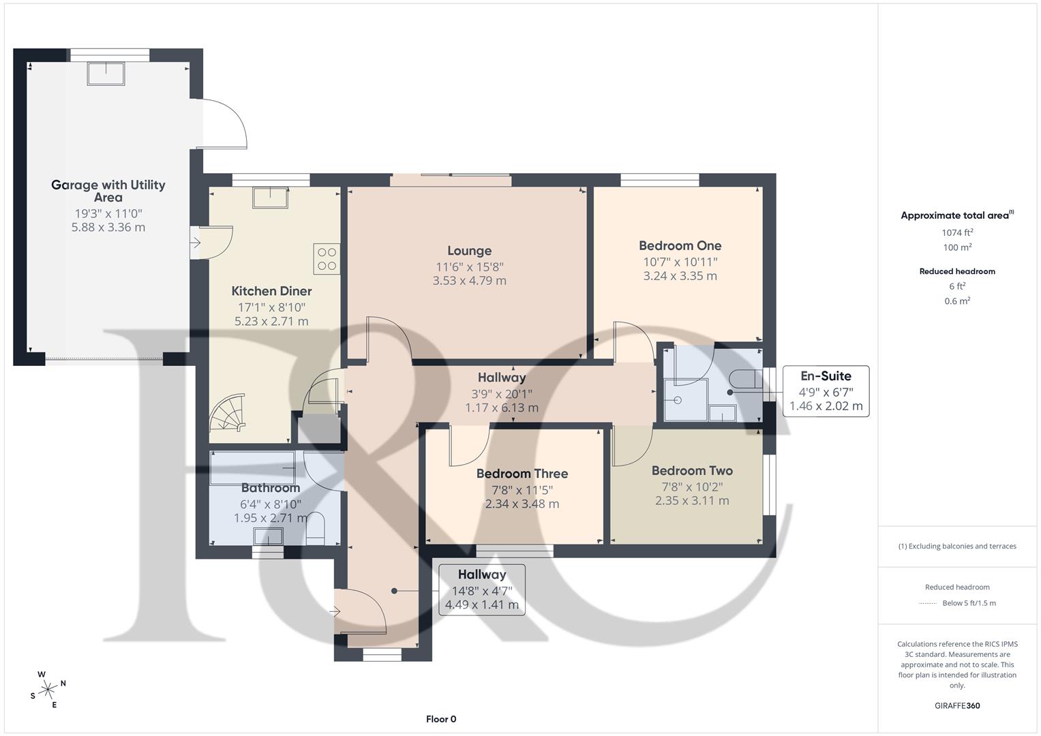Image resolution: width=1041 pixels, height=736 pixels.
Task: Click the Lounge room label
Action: pos(469,251)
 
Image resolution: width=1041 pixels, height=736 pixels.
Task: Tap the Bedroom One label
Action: pos(680,245)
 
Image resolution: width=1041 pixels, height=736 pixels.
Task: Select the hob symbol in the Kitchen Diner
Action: pos(327,259)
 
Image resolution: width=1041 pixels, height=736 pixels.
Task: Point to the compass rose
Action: pos(48,689)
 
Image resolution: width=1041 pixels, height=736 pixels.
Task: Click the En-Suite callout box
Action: pos(826,391)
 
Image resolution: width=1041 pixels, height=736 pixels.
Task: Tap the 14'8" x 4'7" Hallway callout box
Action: pos(481,589)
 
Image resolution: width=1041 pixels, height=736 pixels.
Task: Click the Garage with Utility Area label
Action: pos(108,191)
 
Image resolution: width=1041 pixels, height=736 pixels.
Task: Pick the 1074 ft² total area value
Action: pos(957,232)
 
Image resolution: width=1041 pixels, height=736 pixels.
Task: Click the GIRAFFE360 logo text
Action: pos(957,705)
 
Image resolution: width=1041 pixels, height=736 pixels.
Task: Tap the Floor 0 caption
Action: pos(441,719)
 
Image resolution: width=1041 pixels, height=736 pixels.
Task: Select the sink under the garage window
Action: pos(106,74)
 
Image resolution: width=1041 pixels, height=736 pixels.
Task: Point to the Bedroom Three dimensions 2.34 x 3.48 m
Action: pos(522,504)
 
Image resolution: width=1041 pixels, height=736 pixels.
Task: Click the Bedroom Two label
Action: pos(692,470)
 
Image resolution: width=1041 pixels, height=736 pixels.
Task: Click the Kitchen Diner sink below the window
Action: pos(271,198)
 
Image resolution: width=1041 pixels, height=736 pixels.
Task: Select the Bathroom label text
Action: pos(270,488)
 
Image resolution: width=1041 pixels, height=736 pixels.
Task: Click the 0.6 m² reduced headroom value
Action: pos(957,301)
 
